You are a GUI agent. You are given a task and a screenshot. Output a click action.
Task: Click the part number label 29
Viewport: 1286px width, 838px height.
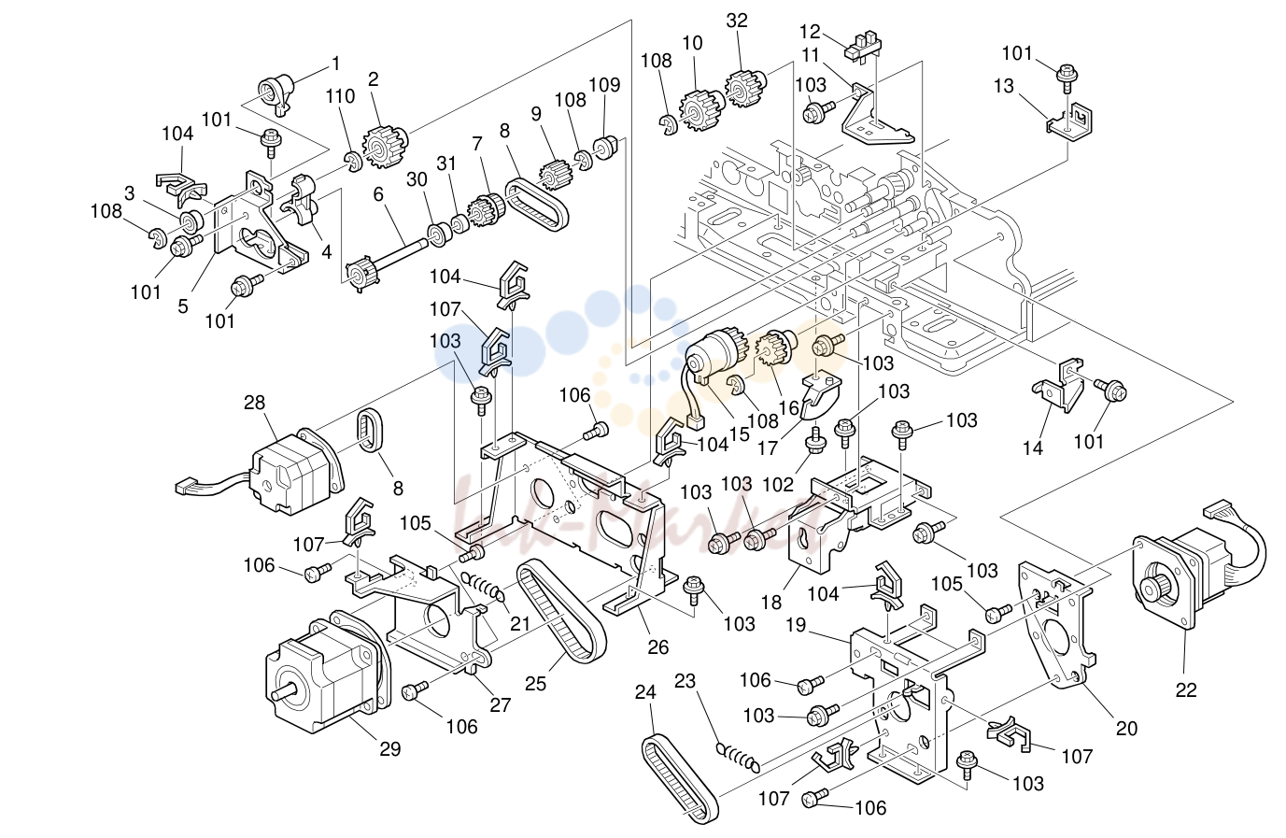coord(389,749)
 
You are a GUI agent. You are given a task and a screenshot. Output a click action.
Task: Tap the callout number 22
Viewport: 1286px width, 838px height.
coord(1185,689)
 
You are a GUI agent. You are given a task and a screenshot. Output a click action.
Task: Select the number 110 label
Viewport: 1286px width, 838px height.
coord(341,96)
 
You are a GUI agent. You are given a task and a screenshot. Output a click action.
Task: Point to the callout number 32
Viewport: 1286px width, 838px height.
coord(737,21)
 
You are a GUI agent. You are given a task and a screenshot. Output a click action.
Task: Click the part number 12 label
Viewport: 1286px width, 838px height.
coord(810,31)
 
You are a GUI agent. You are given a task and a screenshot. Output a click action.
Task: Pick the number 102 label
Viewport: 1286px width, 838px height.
coord(777,484)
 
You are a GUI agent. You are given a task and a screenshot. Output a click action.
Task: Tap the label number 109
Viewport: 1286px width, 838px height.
coord(604,85)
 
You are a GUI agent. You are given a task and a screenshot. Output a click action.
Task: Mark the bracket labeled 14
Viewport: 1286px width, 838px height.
coord(1057,387)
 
